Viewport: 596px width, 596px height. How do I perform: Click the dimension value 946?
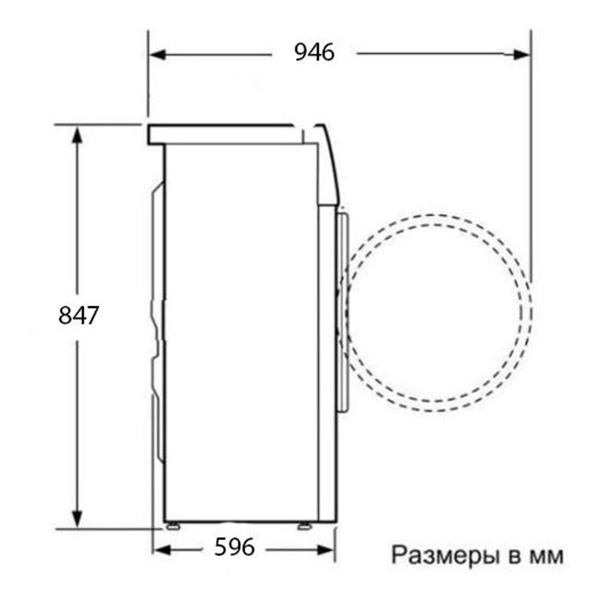[x=314, y=53]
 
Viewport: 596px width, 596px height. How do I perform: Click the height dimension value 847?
[x=78, y=315]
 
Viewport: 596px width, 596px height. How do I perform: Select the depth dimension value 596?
[x=234, y=547]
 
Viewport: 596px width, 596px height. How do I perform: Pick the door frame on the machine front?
[x=343, y=312]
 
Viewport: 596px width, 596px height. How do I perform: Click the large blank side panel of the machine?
[x=241, y=330]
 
